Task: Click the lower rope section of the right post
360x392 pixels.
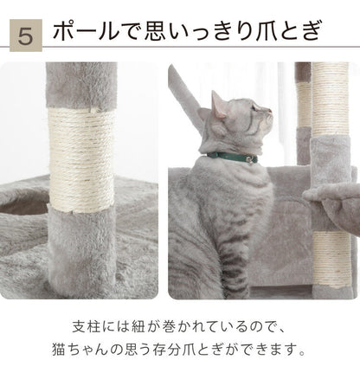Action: (326, 260)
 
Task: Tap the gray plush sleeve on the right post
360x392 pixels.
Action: (327, 173)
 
